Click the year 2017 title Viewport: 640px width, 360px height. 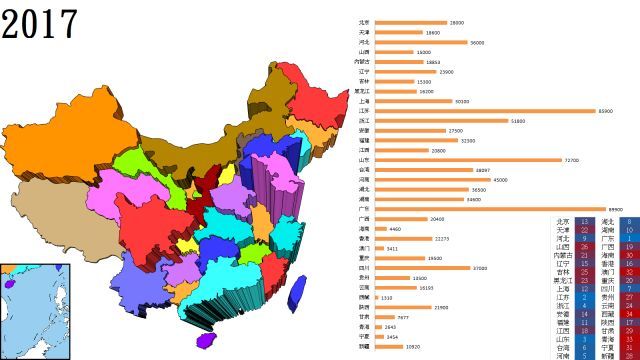point(39,22)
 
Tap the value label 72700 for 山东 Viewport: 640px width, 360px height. point(572,160)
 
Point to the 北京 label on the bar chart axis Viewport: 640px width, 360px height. point(363,22)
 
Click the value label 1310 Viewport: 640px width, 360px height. point(386,298)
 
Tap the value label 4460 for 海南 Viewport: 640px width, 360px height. point(395,229)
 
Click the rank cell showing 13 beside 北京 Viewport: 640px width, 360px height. point(583,221)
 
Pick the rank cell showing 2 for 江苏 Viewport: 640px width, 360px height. point(583,297)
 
